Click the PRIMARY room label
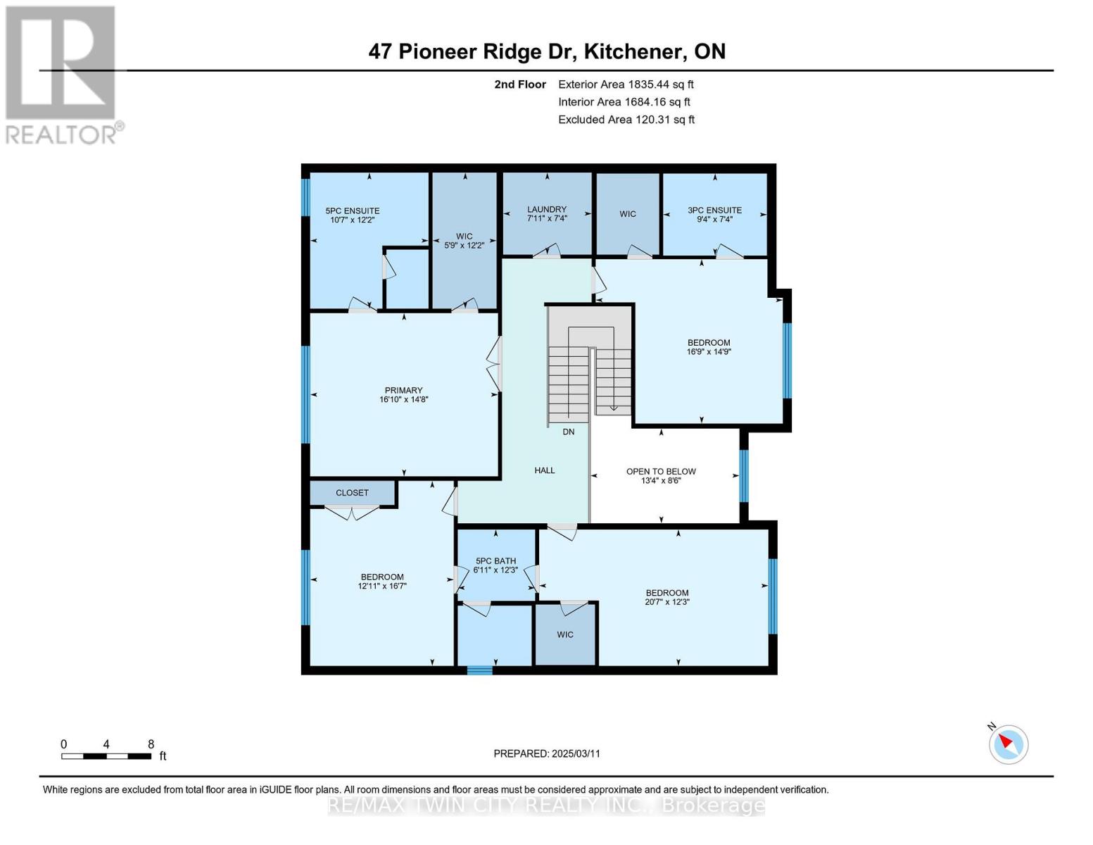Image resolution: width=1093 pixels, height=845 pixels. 403,390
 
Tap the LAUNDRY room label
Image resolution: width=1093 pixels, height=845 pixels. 547,209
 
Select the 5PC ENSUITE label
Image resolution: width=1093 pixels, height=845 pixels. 352,211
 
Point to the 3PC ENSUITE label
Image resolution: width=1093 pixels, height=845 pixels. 714,210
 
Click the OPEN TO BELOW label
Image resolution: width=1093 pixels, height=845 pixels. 661,472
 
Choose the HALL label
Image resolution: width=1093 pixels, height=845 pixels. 544,470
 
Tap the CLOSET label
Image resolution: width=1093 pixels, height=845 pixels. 352,493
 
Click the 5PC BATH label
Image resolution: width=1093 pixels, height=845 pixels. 495,561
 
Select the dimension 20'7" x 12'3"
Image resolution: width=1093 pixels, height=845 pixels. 666,602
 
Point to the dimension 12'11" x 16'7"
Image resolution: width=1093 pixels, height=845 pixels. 382,586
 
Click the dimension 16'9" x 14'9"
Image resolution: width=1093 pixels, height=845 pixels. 709,351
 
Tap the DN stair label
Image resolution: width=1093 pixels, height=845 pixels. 568,432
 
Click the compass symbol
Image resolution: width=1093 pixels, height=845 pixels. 1008,744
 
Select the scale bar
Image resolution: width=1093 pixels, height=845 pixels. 106,756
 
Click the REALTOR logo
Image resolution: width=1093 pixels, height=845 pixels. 62,74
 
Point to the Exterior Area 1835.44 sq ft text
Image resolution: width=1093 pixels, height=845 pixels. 626,84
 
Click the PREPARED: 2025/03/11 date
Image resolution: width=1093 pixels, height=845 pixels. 547,753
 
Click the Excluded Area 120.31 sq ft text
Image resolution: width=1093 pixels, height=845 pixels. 626,120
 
